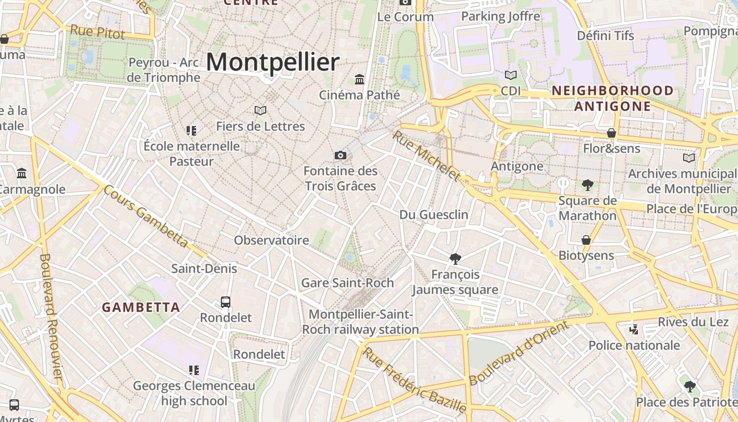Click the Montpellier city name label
(273, 62)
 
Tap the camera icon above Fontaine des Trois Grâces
(341, 155)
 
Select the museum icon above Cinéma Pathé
(360, 79)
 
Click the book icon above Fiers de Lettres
(260, 110)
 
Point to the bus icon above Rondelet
(226, 302)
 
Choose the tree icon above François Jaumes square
(455, 258)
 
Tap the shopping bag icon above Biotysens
(586, 240)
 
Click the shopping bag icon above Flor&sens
(611, 133)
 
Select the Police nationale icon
(634, 330)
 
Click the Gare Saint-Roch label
(347, 283)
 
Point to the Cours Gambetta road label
(145, 216)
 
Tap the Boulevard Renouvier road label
(51, 316)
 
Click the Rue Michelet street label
(426, 156)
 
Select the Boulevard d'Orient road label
(519, 353)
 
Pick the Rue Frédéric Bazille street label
(415, 380)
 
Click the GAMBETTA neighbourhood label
(141, 307)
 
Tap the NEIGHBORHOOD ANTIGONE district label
(613, 98)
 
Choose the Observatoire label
(271, 241)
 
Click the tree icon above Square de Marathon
(587, 185)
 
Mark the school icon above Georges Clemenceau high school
(193, 370)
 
